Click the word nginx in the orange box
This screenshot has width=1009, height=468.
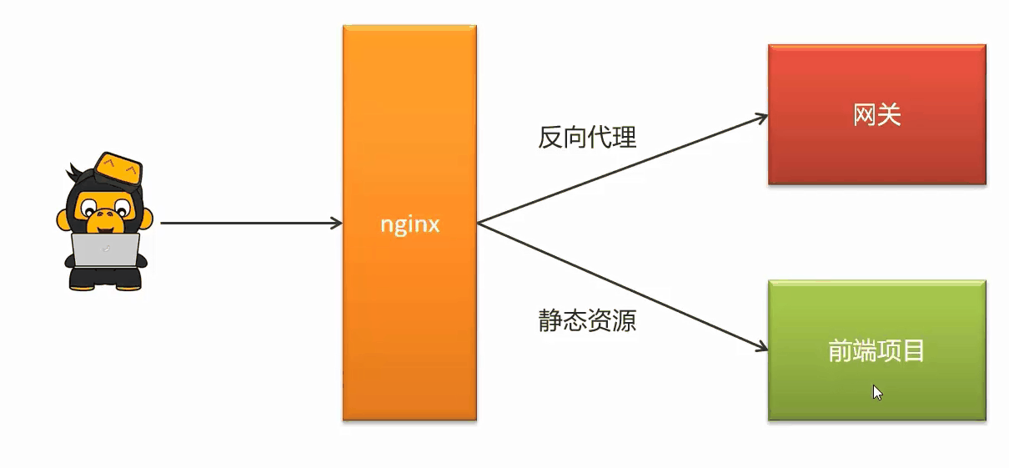[409, 224]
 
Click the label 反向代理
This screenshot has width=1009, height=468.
[587, 136]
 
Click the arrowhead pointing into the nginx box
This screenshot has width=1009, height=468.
[337, 224]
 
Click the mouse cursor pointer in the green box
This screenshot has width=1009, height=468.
[877, 392]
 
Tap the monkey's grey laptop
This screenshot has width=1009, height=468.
[105, 250]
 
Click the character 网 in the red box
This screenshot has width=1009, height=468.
[865, 114]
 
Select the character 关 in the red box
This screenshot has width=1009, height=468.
[889, 114]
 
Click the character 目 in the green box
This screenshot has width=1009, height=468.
[913, 351]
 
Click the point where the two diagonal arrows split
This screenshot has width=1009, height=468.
[479, 224]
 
